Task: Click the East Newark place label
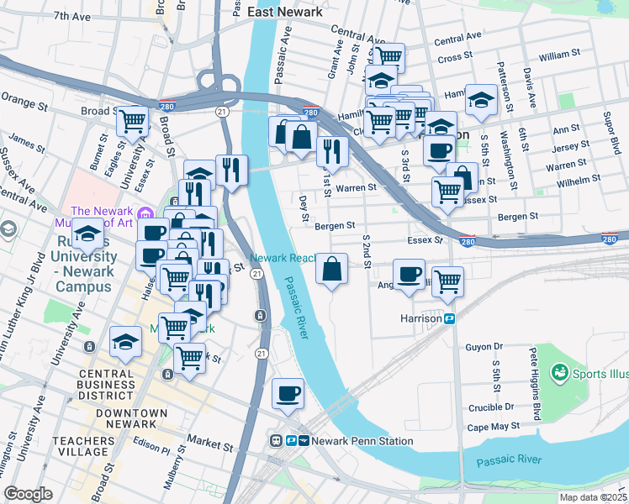[x=286, y=12]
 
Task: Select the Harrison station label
[x=421, y=318]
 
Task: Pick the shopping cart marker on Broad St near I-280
[x=133, y=121]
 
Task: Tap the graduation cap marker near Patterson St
[x=480, y=99]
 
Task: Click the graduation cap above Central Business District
[x=125, y=343]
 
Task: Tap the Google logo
[x=29, y=493]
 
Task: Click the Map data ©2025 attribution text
[x=593, y=497]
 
